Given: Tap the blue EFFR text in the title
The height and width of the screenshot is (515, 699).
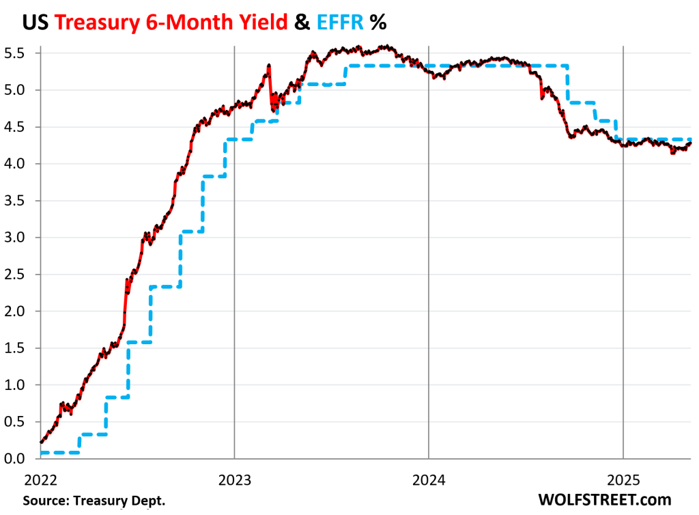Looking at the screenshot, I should pos(335,22).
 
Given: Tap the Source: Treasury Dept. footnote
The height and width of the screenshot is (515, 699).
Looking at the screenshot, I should pos(94,500).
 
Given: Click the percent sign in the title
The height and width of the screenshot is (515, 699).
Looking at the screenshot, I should pos(377,22).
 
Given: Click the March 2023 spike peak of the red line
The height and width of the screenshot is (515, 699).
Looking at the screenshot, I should pos(270,66).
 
